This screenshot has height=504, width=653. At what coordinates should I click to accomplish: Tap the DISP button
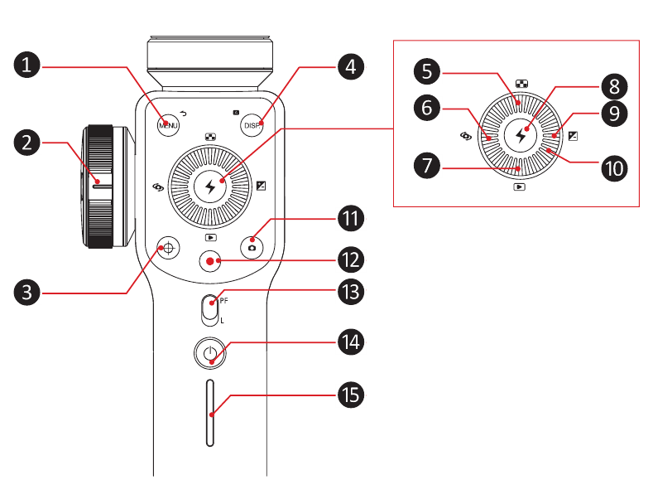tap(252, 125)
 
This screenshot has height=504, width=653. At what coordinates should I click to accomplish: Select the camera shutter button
tap(252, 246)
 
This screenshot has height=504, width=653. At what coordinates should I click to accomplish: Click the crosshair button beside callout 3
tap(169, 246)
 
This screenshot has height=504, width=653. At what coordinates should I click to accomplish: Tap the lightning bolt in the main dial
tap(210, 187)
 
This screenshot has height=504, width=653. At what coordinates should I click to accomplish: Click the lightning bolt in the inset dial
tap(521, 133)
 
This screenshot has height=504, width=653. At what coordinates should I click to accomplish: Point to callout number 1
tap(30, 65)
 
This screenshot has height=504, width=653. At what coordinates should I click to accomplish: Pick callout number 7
tap(426, 165)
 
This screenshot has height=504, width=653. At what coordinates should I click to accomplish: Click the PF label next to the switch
tap(223, 301)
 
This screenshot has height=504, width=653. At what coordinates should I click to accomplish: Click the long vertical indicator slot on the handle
tap(210, 414)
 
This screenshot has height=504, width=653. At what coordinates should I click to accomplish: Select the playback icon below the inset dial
tap(519, 188)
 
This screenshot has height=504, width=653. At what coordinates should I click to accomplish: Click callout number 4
tap(351, 65)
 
